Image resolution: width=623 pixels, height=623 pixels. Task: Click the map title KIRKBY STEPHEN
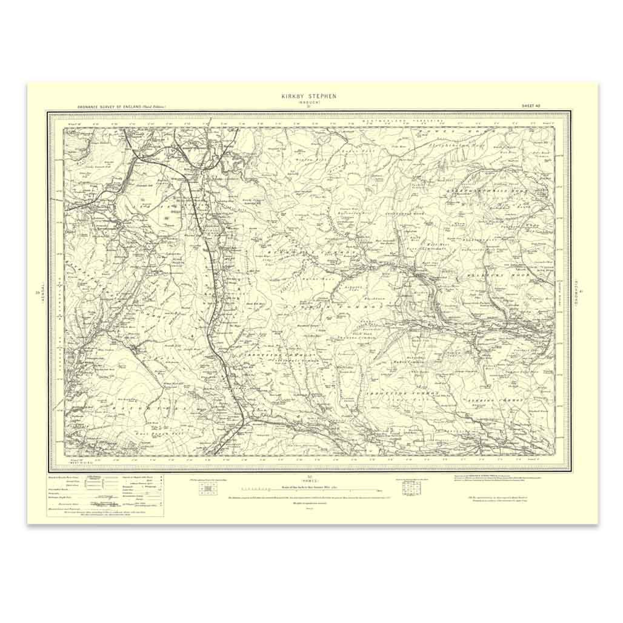(308, 96)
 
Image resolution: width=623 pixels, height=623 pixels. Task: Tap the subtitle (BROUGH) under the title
(308, 102)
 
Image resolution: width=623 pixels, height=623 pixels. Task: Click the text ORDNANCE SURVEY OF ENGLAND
(113, 107)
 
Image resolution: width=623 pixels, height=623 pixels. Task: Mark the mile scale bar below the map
(308, 489)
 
